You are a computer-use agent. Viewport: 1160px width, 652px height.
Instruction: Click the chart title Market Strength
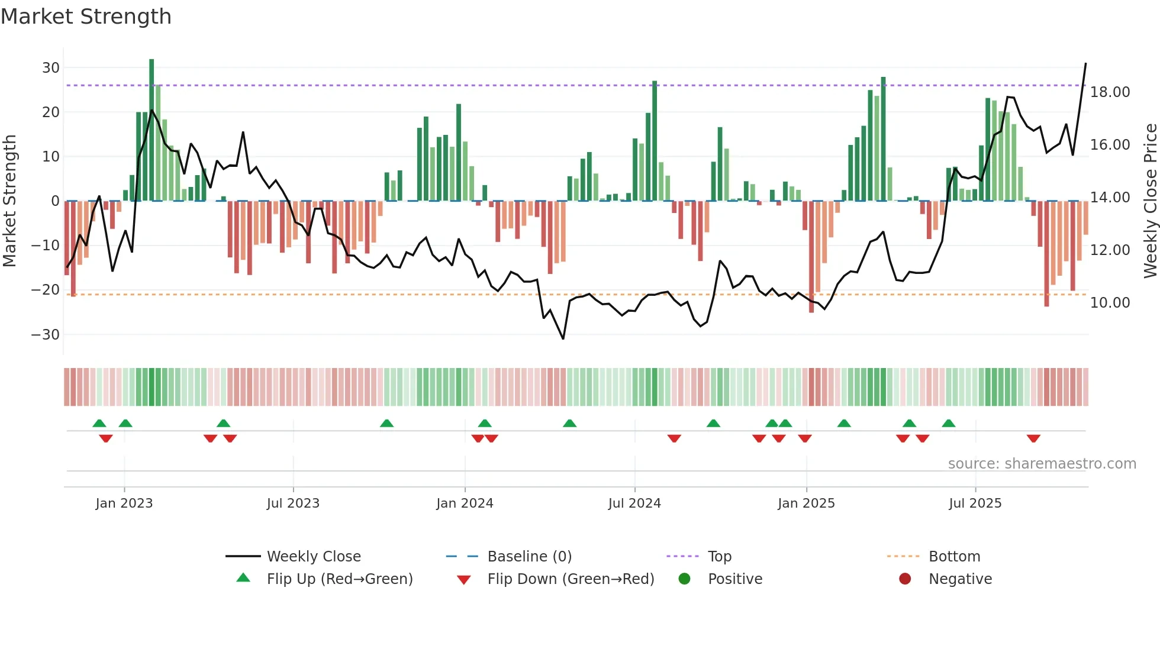coord(86,17)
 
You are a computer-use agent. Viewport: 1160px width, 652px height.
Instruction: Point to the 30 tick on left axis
coord(51,67)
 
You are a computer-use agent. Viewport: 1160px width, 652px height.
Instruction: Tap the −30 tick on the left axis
coord(46,334)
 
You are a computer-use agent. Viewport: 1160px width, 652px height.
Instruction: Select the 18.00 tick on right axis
coord(1110,92)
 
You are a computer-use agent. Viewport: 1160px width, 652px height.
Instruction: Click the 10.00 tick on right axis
coord(1110,302)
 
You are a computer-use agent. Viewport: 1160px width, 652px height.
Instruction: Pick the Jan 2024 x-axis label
coord(465,503)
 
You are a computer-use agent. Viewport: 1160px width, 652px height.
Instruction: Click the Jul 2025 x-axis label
coord(975,503)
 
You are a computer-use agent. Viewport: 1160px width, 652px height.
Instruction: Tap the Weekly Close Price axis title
coord(1150,201)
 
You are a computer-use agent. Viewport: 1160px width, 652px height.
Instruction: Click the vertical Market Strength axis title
coord(10,201)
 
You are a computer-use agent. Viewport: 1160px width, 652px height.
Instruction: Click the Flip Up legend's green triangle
coord(243,578)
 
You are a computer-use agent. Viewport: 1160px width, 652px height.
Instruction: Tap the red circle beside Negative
coord(905,579)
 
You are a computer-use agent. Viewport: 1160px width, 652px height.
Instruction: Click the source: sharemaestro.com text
coord(1042,463)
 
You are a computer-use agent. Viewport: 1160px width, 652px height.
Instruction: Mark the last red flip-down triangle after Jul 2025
coord(1033,438)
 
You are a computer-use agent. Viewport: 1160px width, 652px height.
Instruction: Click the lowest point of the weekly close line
coord(563,338)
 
